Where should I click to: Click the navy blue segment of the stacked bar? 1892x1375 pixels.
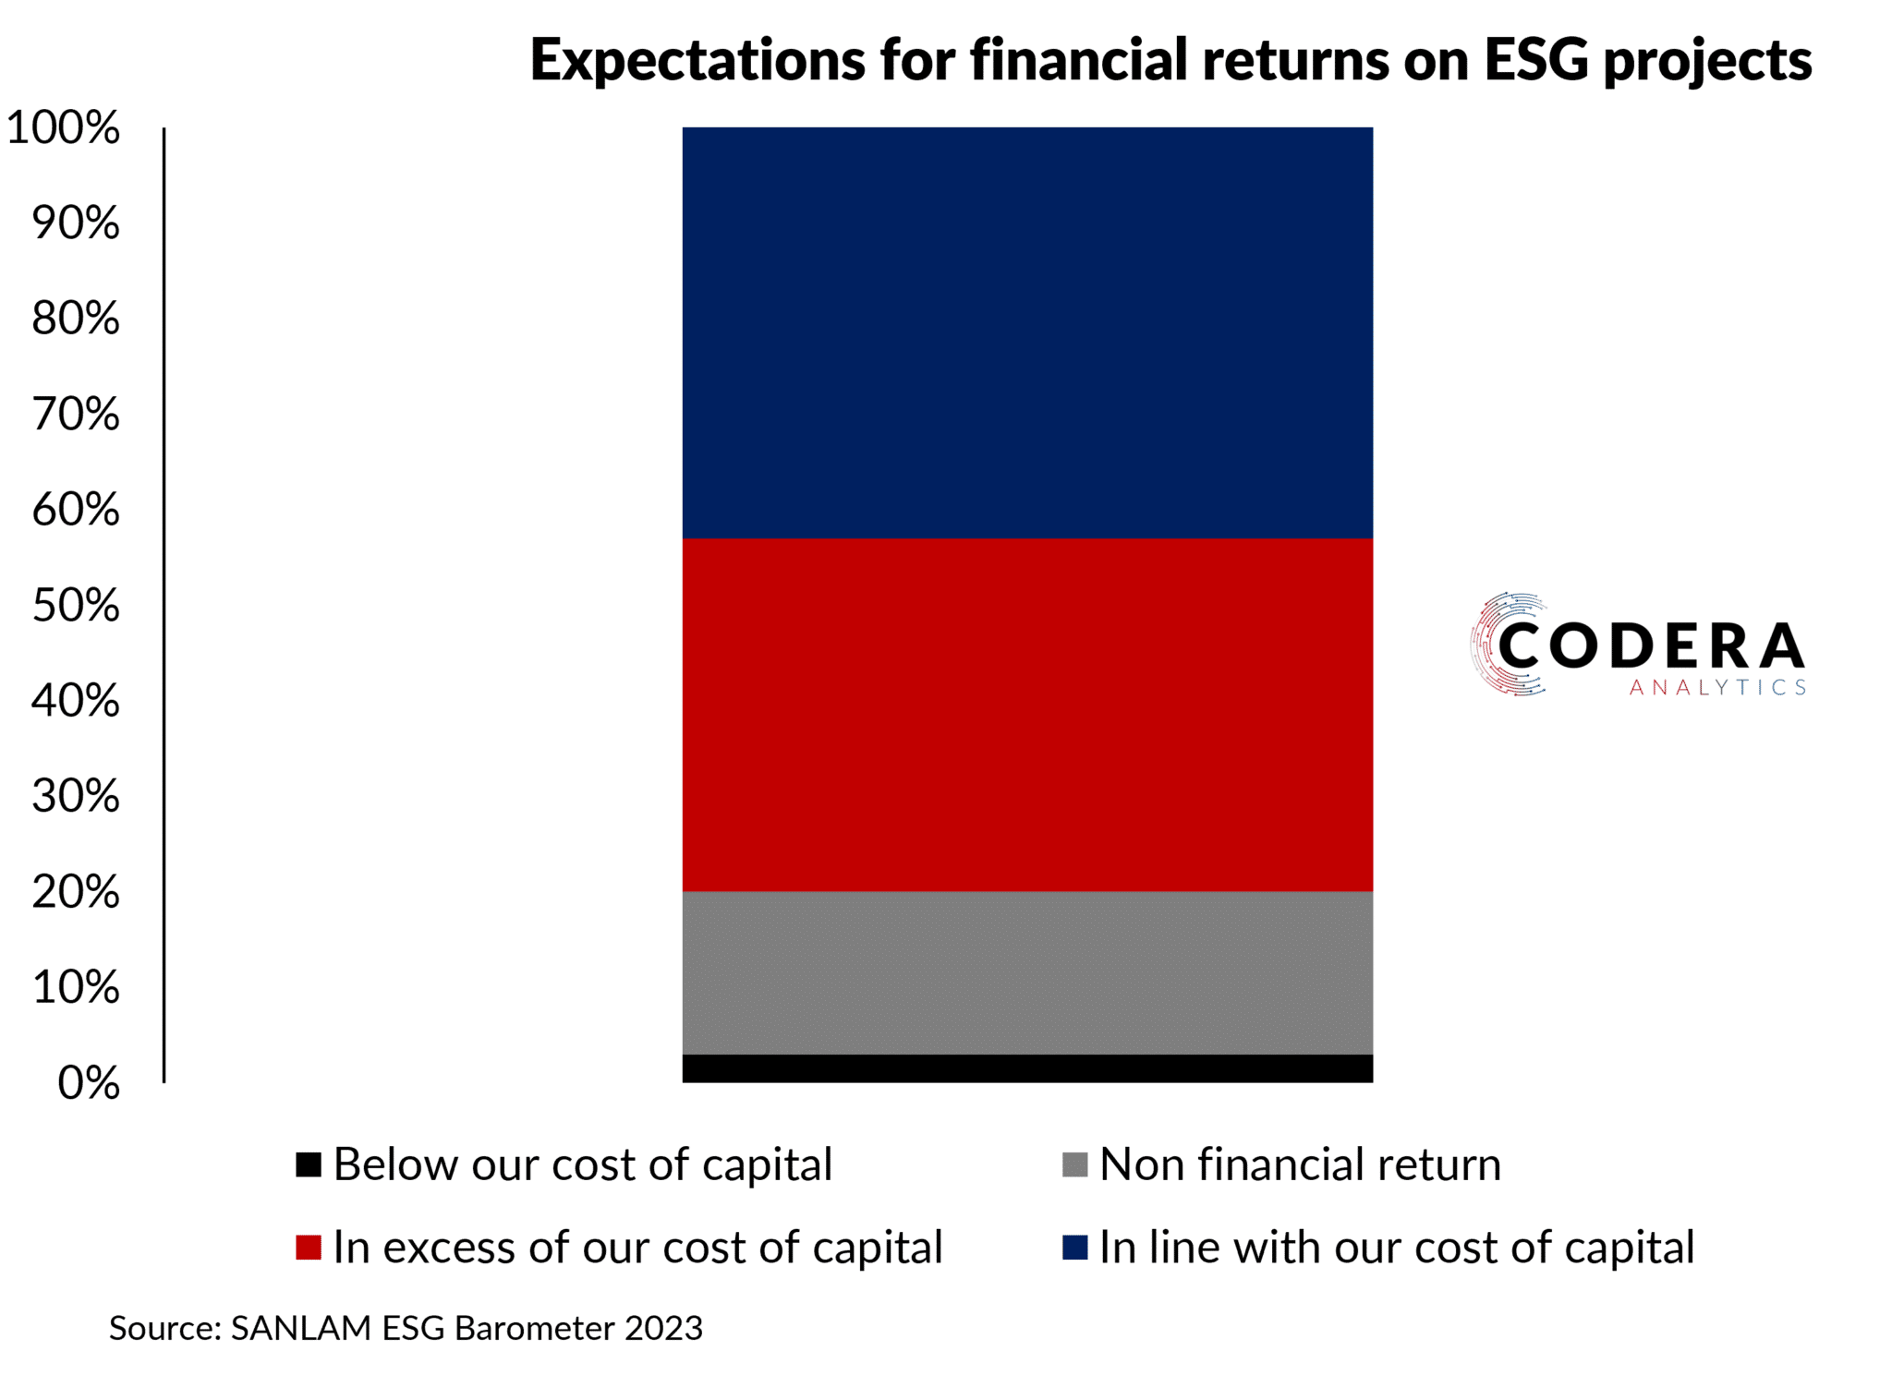1026,332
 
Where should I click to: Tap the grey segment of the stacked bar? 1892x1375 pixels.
1026,971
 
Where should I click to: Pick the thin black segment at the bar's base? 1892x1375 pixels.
1026,1067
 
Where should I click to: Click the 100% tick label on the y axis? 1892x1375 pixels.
63,127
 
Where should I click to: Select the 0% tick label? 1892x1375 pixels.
88,1082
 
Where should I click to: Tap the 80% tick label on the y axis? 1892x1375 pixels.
75,319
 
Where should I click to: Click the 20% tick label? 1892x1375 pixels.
75,891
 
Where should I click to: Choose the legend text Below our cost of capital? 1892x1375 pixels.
582,1164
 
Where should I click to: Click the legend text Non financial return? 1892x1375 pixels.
1299,1164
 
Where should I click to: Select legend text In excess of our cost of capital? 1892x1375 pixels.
637,1247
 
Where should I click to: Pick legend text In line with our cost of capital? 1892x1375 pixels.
1396,1247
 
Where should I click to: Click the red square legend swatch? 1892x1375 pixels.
308,1247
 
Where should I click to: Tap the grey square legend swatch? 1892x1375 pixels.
1074,1164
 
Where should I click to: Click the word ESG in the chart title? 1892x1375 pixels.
1534,60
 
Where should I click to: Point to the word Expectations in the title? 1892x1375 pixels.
697,60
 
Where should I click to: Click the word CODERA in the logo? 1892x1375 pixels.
1650,645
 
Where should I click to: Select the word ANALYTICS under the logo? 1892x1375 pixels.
1716,688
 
